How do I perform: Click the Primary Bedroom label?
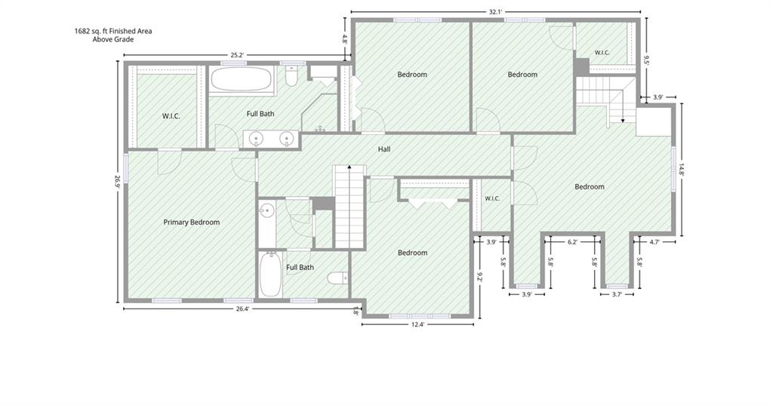click(x=191, y=222)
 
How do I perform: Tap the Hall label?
click(x=384, y=149)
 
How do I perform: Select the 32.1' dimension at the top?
click(x=495, y=12)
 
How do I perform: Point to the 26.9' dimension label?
click(x=117, y=183)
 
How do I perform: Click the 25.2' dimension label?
click(x=237, y=55)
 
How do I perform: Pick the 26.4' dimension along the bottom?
click(x=242, y=309)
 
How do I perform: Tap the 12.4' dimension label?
click(x=417, y=325)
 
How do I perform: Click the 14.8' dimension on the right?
click(x=682, y=170)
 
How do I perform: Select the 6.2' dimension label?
click(x=572, y=242)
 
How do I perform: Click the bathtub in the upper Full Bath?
click(x=241, y=79)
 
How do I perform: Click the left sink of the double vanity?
click(x=256, y=139)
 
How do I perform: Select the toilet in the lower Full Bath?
click(x=337, y=278)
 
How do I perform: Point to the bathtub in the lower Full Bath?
click(x=270, y=275)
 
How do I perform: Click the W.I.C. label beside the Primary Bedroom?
click(x=171, y=116)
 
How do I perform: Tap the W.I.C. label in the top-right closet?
click(x=602, y=53)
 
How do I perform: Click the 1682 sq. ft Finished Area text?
click(x=113, y=31)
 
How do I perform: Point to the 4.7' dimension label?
click(x=654, y=242)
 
